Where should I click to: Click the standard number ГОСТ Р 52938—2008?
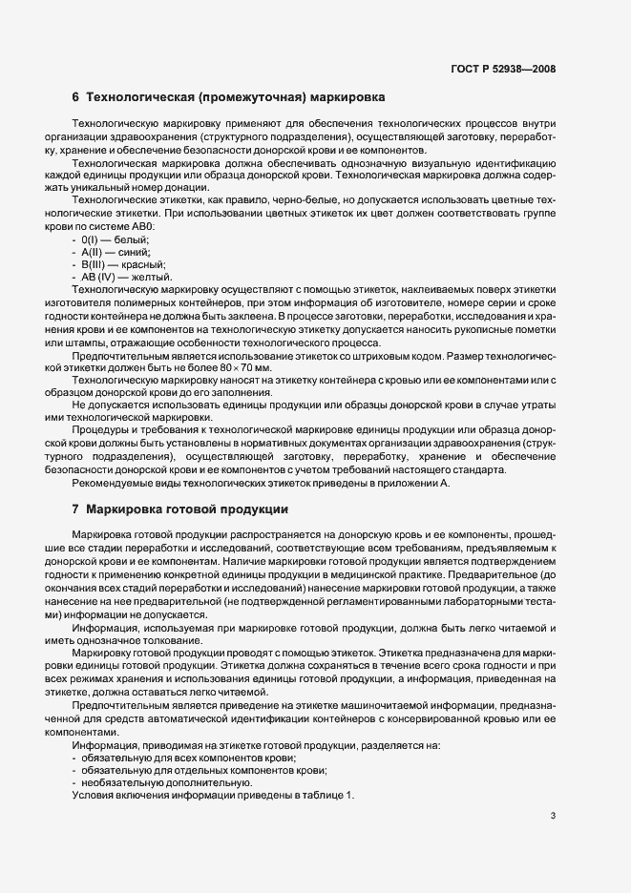(502, 69)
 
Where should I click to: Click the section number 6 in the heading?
(75, 97)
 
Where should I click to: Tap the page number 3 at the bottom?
(553, 815)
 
